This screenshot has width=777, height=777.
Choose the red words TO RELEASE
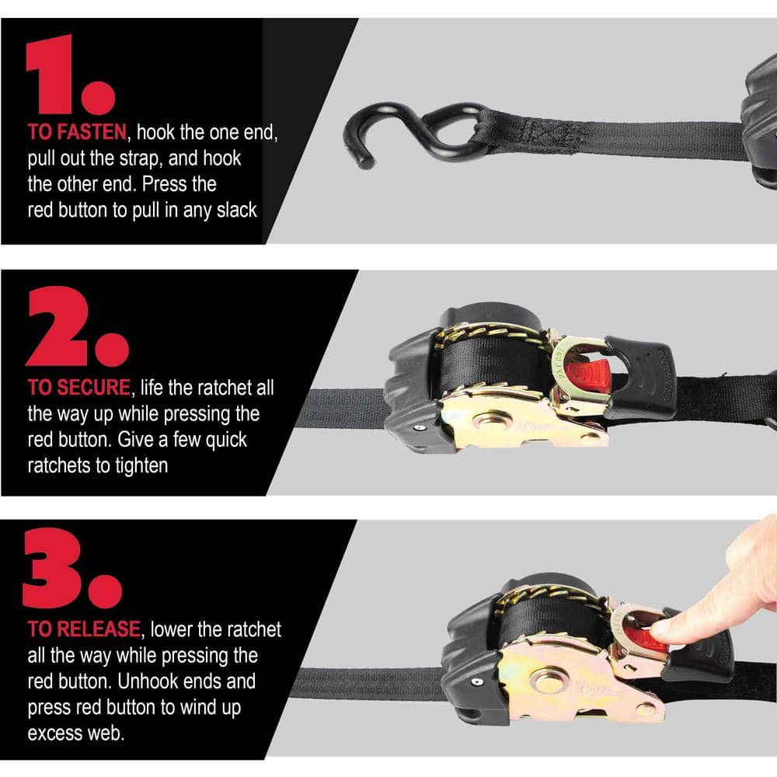(x=84, y=628)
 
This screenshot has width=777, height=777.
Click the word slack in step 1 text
(x=232, y=211)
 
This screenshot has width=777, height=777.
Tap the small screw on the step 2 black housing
(x=420, y=427)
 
